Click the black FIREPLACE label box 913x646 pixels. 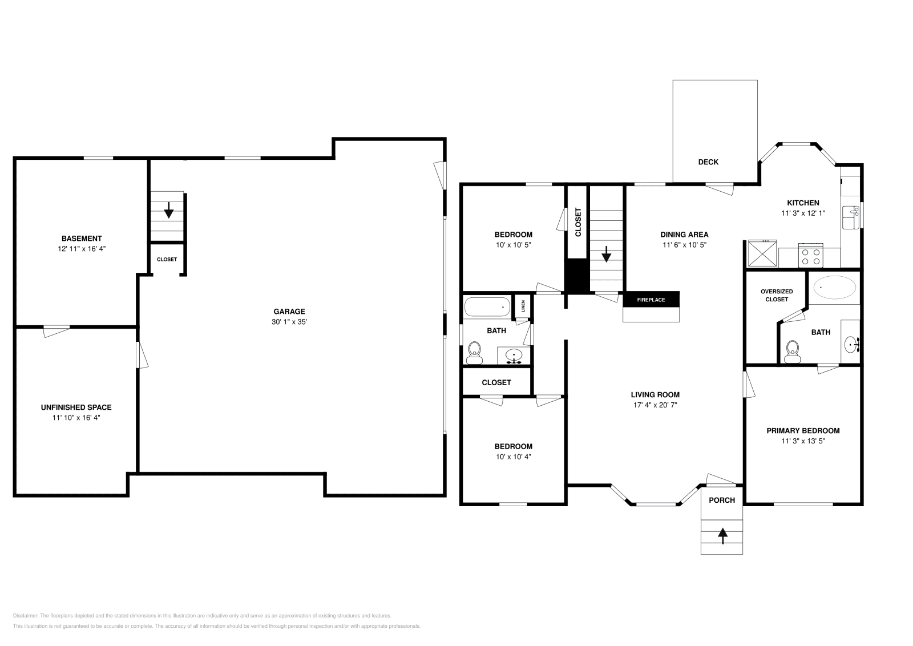click(651, 300)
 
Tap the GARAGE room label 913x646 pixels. click(289, 312)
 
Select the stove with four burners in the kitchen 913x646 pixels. click(811, 255)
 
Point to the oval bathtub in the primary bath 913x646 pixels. click(834, 288)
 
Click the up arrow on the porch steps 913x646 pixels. click(722, 536)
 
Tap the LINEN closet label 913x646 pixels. click(523, 307)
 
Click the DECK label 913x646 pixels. click(708, 162)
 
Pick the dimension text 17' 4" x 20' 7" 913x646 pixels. click(655, 405)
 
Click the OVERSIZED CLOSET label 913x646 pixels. click(777, 295)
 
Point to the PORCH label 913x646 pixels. click(722, 500)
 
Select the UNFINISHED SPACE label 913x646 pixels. click(76, 407)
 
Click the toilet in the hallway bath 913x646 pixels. click(474, 353)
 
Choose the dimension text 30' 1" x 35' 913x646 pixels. click(289, 322)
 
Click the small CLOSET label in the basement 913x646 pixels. click(167, 259)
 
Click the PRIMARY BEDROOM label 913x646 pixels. click(803, 431)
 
